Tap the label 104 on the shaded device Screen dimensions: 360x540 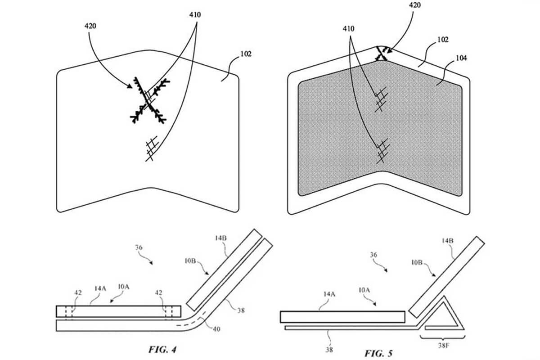pos(461,58)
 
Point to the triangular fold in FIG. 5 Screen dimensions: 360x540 pos(443,313)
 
